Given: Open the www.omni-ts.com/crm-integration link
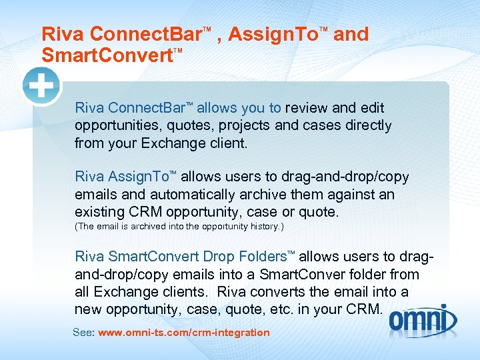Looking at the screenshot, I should pos(184,332).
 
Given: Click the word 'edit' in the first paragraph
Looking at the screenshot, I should pos(372,108).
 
